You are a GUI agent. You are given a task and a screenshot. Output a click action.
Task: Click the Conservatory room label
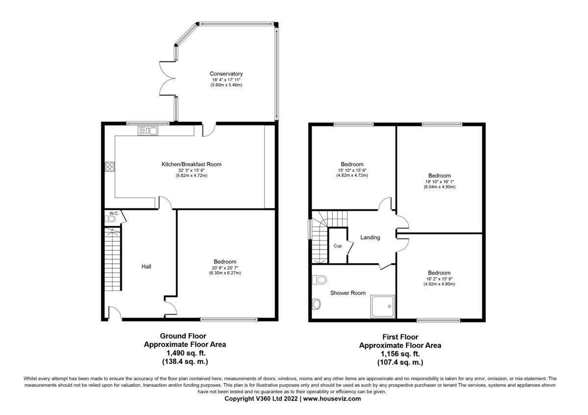click(x=227, y=74)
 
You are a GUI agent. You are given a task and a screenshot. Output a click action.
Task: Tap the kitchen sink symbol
click(x=147, y=130)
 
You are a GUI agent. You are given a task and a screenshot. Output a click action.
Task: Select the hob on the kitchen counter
click(x=109, y=166)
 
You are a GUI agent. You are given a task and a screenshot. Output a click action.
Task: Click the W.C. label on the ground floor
click(x=114, y=213)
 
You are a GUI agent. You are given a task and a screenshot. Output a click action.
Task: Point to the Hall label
click(x=146, y=267)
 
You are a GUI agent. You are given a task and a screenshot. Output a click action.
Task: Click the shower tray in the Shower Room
click(x=383, y=306)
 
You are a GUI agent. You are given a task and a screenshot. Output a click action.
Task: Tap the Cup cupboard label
click(x=338, y=246)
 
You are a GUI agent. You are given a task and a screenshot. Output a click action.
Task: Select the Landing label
click(x=370, y=238)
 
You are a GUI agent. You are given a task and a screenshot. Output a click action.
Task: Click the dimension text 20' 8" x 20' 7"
click(x=225, y=267)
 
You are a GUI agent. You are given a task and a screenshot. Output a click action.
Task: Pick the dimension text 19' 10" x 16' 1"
click(x=440, y=181)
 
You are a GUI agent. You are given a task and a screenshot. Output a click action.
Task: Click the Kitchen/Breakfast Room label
click(x=192, y=164)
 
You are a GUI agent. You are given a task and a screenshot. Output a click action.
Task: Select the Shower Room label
click(x=348, y=293)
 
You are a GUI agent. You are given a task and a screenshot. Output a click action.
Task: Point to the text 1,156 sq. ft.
click(x=400, y=354)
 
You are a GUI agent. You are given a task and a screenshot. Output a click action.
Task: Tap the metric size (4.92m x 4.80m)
click(x=439, y=284)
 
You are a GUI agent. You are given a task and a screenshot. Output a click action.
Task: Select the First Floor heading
click(x=400, y=337)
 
